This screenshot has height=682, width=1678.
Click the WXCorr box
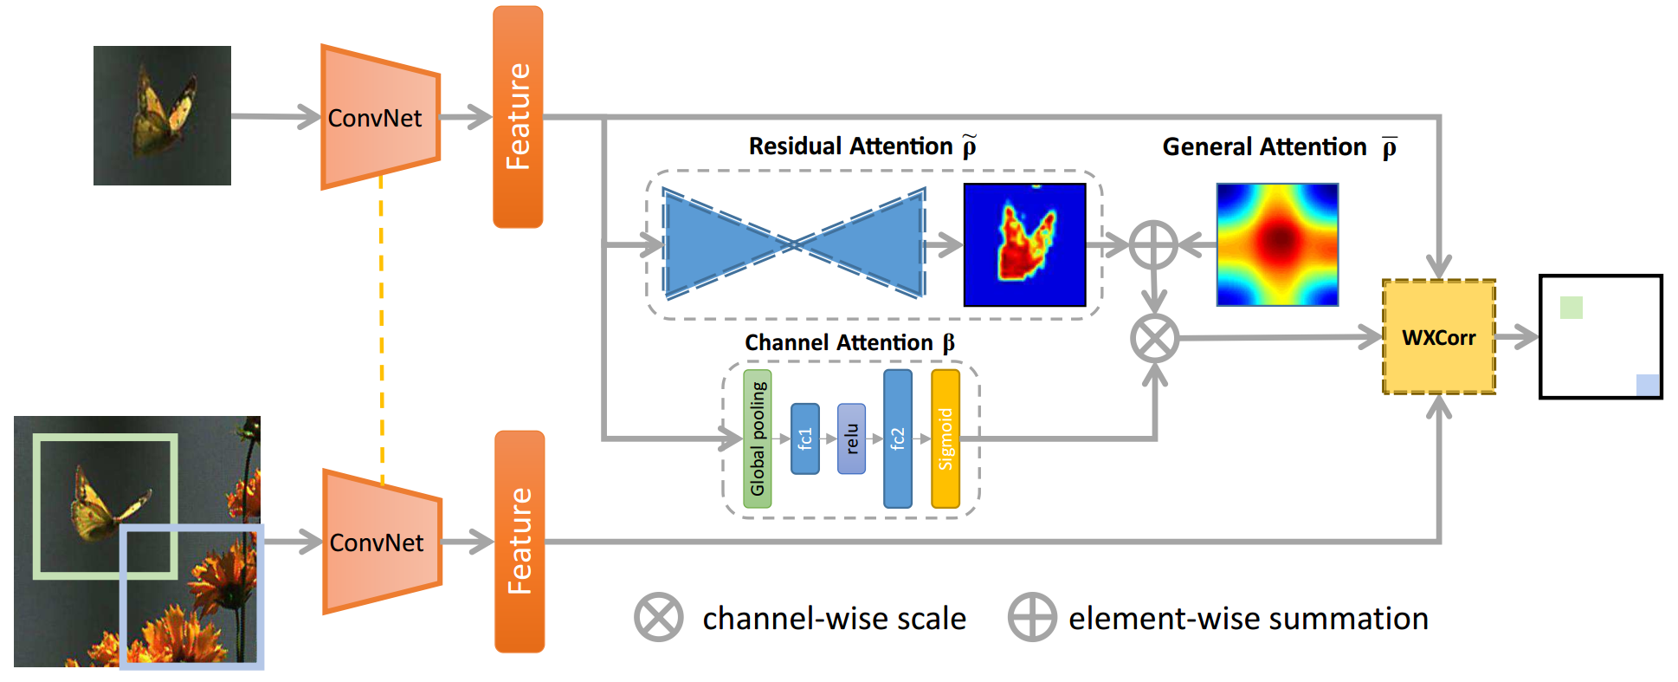(x=1439, y=336)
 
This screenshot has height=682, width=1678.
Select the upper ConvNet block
(x=380, y=117)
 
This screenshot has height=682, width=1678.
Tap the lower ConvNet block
(x=382, y=542)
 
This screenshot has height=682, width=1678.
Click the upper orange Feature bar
(x=518, y=117)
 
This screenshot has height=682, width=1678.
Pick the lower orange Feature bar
(x=520, y=542)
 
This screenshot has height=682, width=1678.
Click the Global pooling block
(x=758, y=438)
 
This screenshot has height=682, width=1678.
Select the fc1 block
(x=805, y=438)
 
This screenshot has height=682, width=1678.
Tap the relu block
(x=852, y=438)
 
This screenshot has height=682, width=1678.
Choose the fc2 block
(x=898, y=438)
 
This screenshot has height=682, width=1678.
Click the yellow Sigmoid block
(x=945, y=438)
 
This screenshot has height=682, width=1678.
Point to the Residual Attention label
(x=863, y=146)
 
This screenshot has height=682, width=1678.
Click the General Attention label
(x=1280, y=147)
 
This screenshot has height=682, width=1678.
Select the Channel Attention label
(x=849, y=343)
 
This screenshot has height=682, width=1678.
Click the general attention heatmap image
(x=1277, y=244)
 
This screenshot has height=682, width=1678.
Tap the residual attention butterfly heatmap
(x=1025, y=244)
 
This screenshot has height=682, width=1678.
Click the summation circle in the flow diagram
(x=1154, y=244)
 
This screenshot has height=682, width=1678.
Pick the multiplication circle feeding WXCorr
(x=1155, y=338)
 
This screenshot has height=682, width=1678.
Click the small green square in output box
(x=1572, y=308)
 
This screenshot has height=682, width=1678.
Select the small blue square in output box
(x=1648, y=385)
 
